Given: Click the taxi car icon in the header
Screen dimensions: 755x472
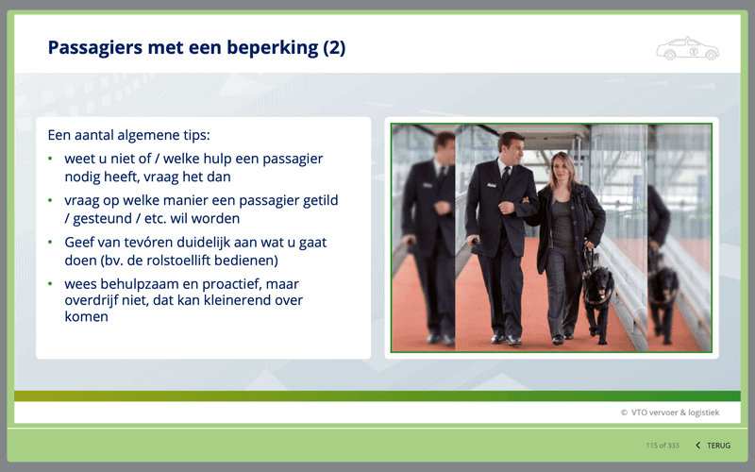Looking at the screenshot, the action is click(x=688, y=48).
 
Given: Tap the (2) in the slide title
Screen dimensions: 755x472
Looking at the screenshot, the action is click(x=334, y=48).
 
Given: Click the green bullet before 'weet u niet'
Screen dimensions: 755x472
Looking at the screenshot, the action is click(x=51, y=159).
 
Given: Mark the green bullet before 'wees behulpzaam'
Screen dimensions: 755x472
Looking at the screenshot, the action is click(x=51, y=284).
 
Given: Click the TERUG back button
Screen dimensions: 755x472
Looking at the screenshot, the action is click(x=713, y=446).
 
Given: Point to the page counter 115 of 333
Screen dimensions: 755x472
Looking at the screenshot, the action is click(x=663, y=446).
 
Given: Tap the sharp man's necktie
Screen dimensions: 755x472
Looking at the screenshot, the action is click(x=506, y=177).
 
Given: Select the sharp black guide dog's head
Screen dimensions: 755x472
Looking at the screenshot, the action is click(x=598, y=278).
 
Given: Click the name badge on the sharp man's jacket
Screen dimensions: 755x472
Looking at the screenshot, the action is click(x=491, y=185).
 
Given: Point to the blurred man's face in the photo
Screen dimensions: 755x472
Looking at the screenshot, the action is click(x=445, y=147).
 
